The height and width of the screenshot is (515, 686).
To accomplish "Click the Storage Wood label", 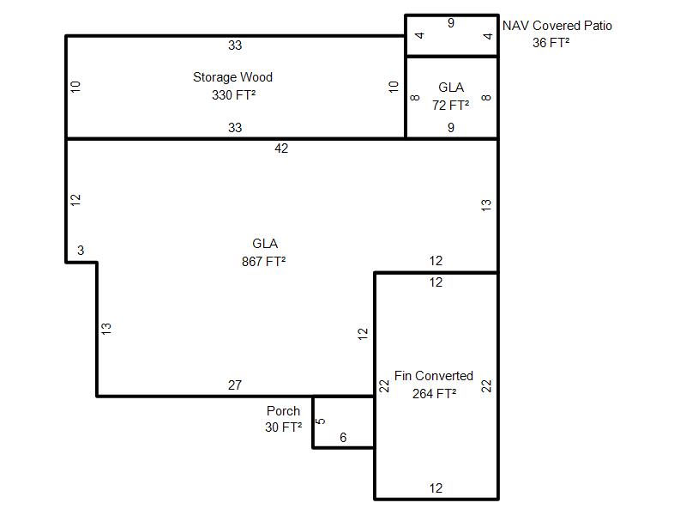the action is [x=232, y=77].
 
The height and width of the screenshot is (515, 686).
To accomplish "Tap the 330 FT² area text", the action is [x=233, y=94].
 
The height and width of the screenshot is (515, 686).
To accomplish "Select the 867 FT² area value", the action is [x=263, y=262].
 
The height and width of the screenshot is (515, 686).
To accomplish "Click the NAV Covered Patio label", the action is [x=557, y=26].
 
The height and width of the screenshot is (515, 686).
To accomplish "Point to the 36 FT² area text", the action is [x=551, y=42].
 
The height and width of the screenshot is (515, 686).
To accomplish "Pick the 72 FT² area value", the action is [x=451, y=105].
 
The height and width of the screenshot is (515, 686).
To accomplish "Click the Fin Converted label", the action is [x=434, y=376].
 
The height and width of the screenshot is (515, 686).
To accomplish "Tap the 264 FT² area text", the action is [x=434, y=393].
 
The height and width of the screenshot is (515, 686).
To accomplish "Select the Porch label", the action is [x=283, y=411].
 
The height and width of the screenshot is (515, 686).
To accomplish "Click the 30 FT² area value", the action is [x=283, y=427].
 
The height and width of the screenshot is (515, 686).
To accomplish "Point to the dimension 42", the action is [x=281, y=148].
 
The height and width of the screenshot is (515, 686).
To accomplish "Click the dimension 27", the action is [x=235, y=385].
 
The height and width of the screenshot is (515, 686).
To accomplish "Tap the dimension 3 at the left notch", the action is [x=81, y=250].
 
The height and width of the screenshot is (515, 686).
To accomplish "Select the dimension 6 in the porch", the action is [x=343, y=438].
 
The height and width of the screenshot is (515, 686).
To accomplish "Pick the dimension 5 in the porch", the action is [x=320, y=421].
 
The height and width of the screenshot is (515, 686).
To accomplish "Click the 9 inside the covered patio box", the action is [x=451, y=23].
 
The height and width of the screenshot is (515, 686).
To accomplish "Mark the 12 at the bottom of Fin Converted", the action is [x=436, y=488].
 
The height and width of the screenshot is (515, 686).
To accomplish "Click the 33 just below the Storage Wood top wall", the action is [x=235, y=45].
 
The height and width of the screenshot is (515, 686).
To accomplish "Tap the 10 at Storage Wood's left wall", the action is [x=75, y=87].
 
